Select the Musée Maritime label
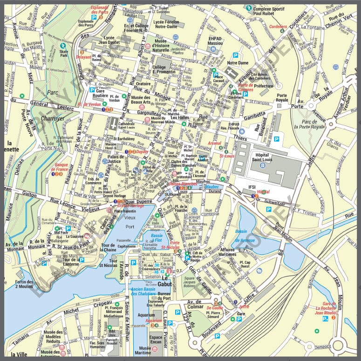coord(156,351)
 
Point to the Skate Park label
coord(64,54)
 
